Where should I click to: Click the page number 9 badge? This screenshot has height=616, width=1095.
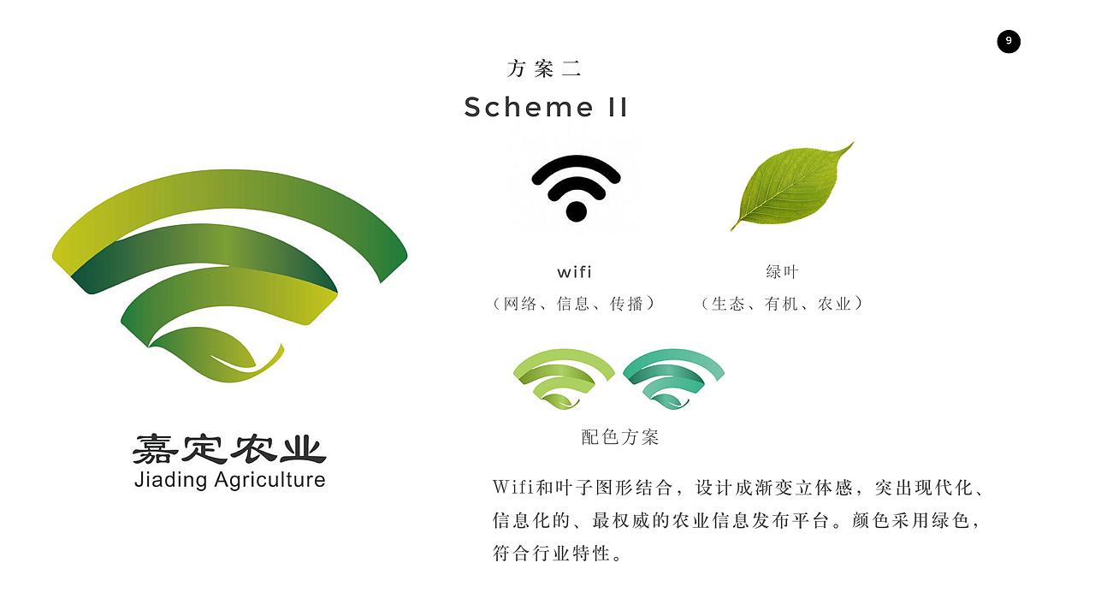(1009, 41)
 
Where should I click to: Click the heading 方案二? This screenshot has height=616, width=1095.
(544, 68)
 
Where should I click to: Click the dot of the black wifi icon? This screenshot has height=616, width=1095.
(576, 210)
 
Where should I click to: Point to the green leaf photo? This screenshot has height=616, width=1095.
(791, 186)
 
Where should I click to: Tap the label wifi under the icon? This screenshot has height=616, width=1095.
(574, 272)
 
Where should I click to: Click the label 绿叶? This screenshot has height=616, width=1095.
(782, 272)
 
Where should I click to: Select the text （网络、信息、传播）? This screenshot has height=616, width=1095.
(574, 303)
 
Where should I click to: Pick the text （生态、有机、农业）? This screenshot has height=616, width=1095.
(782, 303)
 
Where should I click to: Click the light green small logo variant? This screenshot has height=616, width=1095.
(564, 378)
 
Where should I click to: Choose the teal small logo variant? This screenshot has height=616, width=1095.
(673, 378)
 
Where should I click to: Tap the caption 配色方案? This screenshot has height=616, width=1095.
(620, 437)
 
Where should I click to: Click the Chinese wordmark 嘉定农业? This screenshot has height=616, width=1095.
(229, 448)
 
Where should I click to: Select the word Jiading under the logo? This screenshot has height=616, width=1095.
(171, 479)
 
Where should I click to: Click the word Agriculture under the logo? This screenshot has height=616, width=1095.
(269, 479)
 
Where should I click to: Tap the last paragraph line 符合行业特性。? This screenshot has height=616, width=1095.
(557, 553)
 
